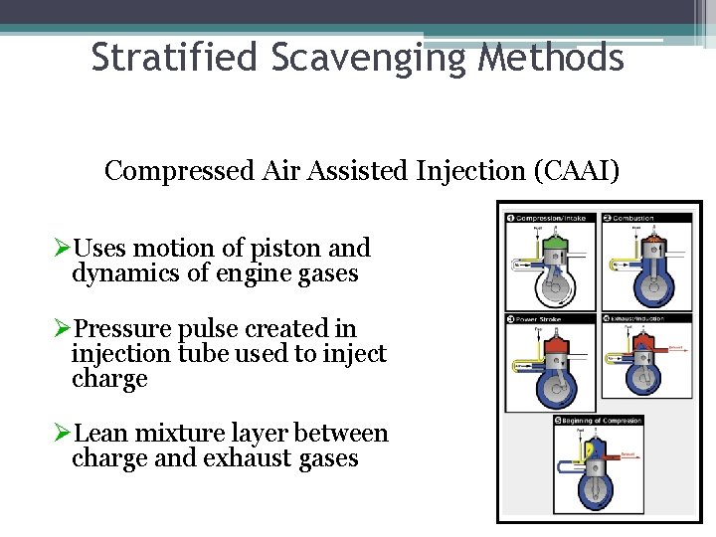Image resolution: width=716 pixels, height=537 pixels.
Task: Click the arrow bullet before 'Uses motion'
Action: point(63,249)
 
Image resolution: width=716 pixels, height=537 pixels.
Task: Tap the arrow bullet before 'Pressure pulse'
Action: point(63,329)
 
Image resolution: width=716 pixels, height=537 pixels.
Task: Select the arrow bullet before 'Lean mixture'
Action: point(63,434)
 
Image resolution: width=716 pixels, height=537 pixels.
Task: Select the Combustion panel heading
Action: point(636,218)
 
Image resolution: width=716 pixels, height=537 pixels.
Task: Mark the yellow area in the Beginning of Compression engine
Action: point(591,450)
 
